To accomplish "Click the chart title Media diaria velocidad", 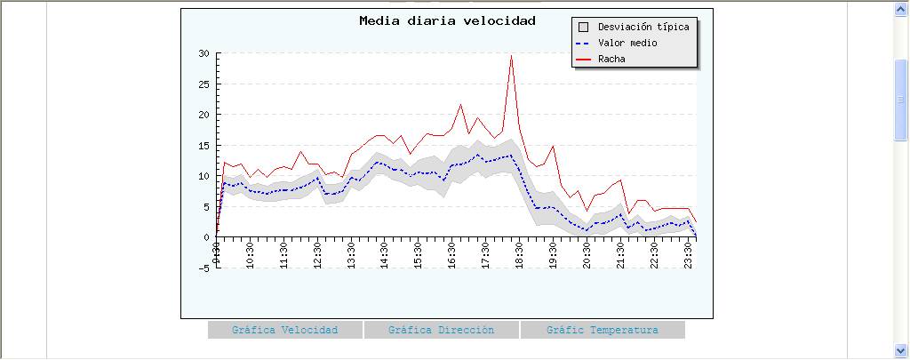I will (447, 20).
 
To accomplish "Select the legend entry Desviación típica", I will (643, 27).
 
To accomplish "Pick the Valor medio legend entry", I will (627, 43).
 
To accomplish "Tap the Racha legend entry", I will (611, 59).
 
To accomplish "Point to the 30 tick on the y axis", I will (204, 53).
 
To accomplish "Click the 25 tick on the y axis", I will (204, 84).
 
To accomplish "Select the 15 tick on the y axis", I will (204, 146).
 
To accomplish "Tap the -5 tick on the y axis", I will (204, 268).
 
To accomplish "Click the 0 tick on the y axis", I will (206, 237).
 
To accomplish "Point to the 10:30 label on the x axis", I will (251, 253).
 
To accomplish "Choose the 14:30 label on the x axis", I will (385, 253).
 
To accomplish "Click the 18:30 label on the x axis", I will (520, 253).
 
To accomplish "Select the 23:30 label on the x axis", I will (689, 253).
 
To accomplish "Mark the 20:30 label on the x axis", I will (587, 253).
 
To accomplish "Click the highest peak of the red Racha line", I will (511, 55).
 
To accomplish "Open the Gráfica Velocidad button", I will (285, 330).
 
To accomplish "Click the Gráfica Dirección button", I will (441, 330).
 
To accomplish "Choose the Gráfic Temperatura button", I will (603, 330).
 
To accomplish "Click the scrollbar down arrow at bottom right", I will (901, 350).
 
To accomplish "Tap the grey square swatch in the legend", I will (583, 27).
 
